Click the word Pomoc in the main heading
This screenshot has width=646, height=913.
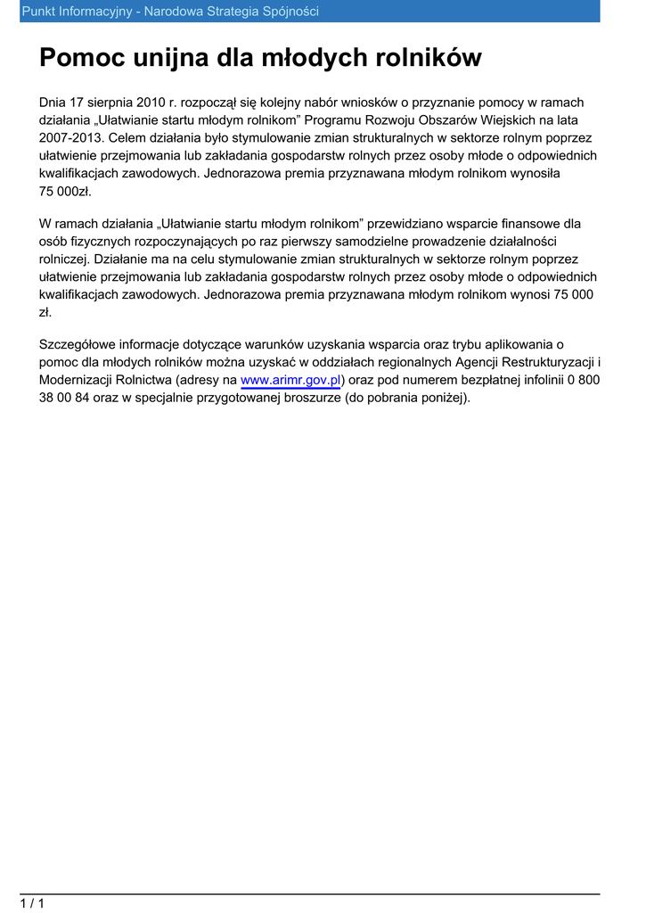[83, 59]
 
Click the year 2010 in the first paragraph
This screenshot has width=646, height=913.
[151, 103]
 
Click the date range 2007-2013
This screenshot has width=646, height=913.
[71, 138]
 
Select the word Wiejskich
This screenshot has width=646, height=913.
[489, 121]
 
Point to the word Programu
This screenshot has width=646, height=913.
[339, 121]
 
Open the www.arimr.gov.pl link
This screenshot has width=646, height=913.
[290, 380]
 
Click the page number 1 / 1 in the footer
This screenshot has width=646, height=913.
[33, 903]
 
